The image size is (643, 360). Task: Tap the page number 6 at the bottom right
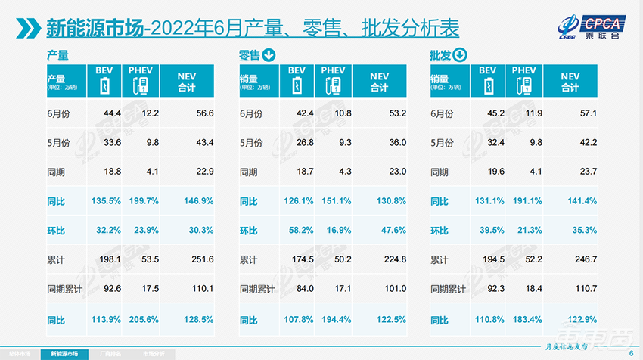[632, 352]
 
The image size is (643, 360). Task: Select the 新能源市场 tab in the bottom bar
[64, 353]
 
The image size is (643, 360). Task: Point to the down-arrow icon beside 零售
[269, 54]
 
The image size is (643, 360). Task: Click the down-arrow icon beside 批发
[459, 54]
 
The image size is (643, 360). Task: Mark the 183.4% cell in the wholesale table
[523, 320]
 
